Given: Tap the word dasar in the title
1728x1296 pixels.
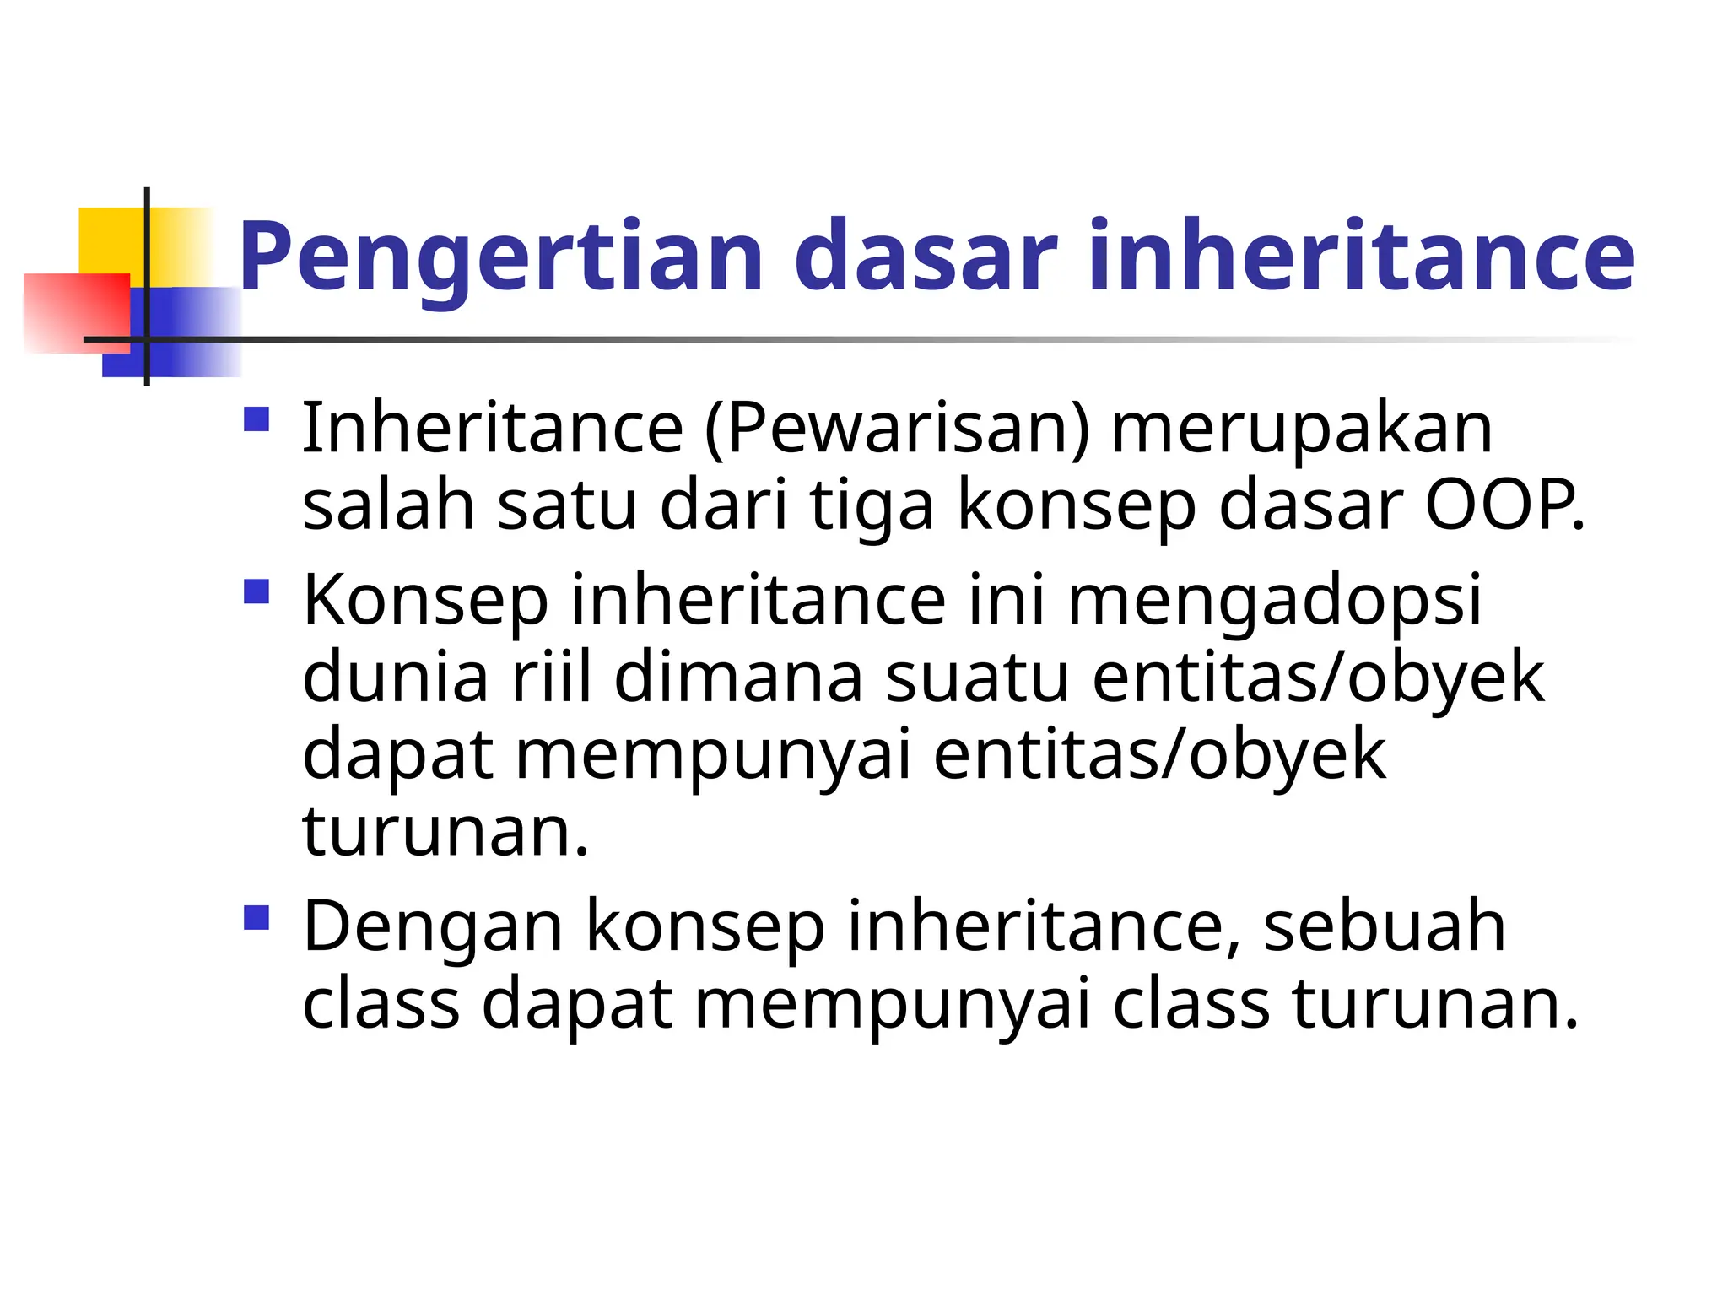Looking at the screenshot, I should click(926, 256).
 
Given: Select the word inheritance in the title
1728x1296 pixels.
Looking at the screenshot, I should click(1361, 256).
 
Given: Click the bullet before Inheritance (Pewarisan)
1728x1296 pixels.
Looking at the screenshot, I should click(256, 420).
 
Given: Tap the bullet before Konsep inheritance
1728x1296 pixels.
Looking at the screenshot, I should click(256, 591).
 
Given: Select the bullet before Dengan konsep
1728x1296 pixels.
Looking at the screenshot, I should click(256, 918).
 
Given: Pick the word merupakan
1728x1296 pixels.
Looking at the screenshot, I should click(1302, 429).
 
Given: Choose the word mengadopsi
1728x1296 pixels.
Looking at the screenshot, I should click(1274, 600).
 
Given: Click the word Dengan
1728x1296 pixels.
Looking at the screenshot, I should click(433, 926).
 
